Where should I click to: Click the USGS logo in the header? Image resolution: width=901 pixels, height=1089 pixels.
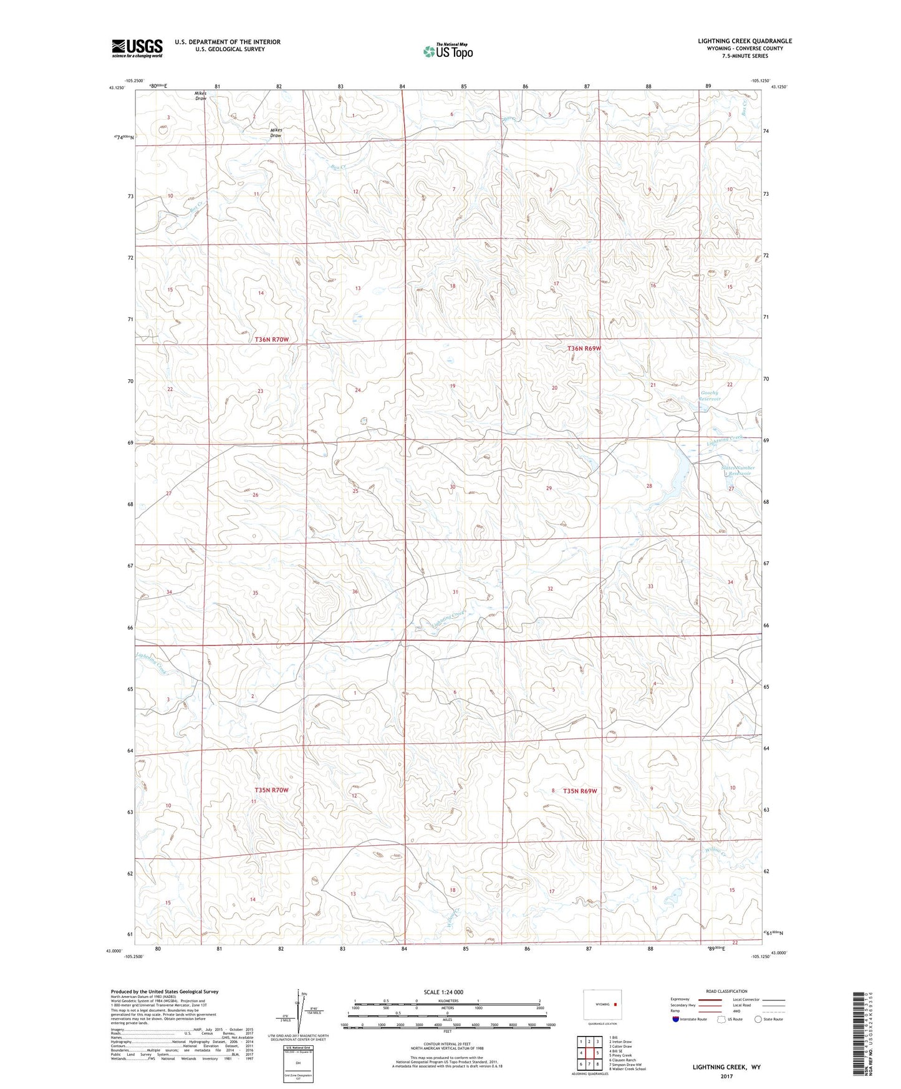point(137,48)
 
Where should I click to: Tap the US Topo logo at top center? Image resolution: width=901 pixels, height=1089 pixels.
point(448,51)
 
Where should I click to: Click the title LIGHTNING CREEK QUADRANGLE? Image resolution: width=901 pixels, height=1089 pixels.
point(744,41)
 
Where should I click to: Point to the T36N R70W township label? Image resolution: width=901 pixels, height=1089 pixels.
point(272,339)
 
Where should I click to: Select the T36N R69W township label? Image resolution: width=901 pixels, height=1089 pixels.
point(584,349)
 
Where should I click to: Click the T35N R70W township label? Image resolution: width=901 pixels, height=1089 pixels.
point(271,790)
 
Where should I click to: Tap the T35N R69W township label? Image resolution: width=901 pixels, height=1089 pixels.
point(580,791)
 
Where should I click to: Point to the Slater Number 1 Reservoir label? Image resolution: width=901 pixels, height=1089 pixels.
point(738,470)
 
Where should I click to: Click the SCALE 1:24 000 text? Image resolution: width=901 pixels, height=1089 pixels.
point(443,992)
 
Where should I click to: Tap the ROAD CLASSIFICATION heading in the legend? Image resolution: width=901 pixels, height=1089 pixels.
point(726,991)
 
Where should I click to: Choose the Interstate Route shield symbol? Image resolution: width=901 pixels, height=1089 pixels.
point(677,1019)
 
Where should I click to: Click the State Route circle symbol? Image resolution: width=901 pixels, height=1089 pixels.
point(758,1019)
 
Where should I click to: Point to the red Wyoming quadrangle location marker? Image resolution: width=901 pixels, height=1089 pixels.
point(615,1004)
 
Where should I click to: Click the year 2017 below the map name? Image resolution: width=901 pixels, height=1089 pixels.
point(726,1076)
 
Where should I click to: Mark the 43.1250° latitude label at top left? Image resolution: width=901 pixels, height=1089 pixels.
point(117,88)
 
